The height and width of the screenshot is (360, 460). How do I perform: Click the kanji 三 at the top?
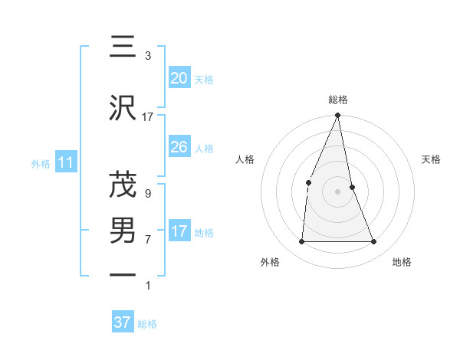123,47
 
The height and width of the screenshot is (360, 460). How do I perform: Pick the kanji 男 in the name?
123,230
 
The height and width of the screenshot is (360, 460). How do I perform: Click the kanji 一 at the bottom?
123,274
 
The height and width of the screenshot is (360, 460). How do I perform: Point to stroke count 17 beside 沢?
148,117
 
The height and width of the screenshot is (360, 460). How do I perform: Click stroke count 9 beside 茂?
148,194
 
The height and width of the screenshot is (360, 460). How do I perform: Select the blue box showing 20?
179,77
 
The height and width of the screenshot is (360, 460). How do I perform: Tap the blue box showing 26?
179,147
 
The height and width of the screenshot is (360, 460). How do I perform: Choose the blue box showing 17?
179,231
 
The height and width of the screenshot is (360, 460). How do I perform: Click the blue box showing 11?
66,162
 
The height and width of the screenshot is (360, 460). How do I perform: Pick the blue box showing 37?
123,322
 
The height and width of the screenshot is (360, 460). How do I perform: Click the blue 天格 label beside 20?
204,79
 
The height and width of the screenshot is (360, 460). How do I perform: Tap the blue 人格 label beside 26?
204,149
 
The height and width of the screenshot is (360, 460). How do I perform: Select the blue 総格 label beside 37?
147,324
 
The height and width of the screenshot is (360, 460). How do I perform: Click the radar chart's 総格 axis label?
337,100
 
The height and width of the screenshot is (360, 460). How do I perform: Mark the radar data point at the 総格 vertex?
337,116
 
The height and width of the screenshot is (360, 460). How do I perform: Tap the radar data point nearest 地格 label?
373,242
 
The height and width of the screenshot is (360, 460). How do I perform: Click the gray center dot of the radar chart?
337,191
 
